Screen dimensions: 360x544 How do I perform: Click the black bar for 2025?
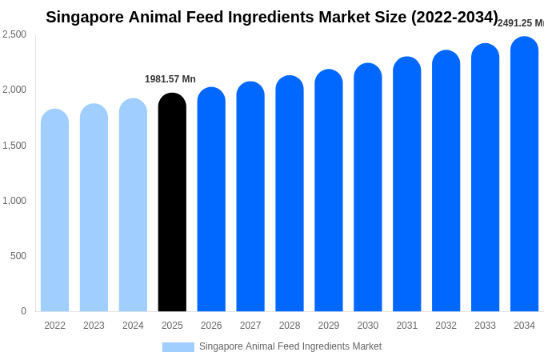172,204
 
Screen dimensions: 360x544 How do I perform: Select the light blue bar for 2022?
54,212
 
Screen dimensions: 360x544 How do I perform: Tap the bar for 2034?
524,176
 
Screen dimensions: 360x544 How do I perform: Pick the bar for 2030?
368,189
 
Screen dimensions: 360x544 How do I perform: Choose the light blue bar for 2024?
133,206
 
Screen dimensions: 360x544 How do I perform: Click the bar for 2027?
250,198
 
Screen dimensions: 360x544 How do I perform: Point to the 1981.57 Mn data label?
170,79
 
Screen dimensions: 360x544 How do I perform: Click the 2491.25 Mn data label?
520,23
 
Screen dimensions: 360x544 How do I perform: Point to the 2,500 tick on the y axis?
14,34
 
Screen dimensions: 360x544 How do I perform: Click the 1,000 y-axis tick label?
14,201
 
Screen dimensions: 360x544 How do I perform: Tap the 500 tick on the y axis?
18,256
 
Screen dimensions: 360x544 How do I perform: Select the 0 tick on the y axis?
23,311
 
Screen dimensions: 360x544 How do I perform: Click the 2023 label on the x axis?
94,326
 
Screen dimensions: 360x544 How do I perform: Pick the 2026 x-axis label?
211,326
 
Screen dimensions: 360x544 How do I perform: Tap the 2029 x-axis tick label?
329,326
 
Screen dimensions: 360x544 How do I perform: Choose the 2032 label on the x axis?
446,326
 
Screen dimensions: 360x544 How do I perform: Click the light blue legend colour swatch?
178,347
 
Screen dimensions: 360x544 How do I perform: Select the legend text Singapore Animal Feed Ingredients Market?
290,346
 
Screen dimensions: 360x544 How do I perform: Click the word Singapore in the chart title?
84,17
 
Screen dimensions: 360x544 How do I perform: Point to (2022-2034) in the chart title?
454,17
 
